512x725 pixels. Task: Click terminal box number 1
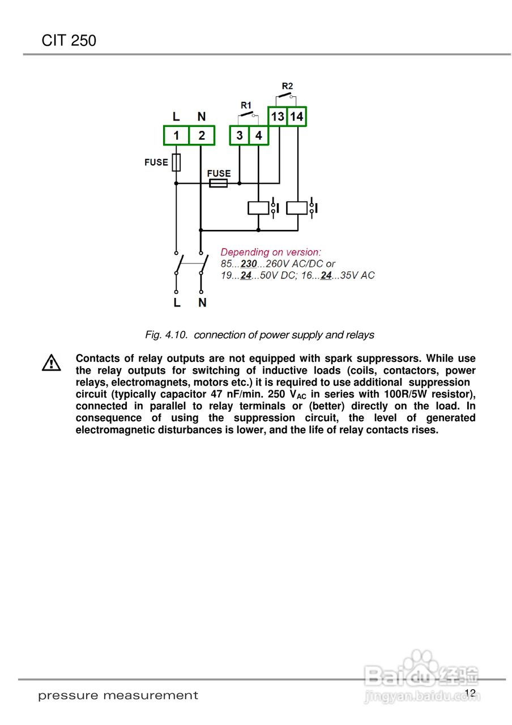[x=176, y=136]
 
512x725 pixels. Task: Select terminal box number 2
[x=202, y=136]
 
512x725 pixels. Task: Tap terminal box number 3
[x=240, y=136]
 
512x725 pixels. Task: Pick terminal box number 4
[x=258, y=136]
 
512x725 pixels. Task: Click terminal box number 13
[x=278, y=117]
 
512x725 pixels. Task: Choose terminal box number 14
[x=297, y=117]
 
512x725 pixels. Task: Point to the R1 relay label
[x=246, y=105]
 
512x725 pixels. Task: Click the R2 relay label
[x=287, y=86]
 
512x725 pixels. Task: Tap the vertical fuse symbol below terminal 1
[x=176, y=163]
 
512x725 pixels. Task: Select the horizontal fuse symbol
[x=219, y=184]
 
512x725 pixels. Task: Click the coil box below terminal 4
[x=258, y=208]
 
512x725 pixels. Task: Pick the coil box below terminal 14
[x=297, y=208]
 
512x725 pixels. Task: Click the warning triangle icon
[x=51, y=362]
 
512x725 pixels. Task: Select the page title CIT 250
[x=69, y=41]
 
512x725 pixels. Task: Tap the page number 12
[x=470, y=693]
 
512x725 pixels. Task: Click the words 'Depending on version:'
[x=271, y=252]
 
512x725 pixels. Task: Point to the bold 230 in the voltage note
[x=249, y=264]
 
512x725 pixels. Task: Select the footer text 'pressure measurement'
[x=118, y=696]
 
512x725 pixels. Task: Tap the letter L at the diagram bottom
[x=177, y=303]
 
